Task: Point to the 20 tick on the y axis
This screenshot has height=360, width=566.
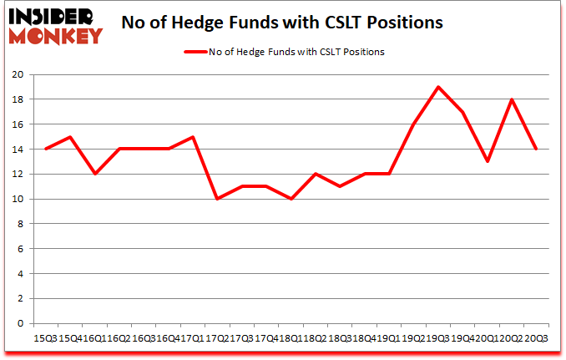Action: click(x=18, y=74)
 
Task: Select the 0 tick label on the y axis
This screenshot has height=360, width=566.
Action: click(x=21, y=323)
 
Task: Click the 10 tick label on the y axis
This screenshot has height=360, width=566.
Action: click(x=18, y=199)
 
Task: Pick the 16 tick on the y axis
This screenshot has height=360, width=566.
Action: click(x=18, y=124)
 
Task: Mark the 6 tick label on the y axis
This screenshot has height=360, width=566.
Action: click(x=21, y=249)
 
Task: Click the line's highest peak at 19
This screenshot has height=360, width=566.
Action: click(x=437, y=87)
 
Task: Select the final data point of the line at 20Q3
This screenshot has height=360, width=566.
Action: click(x=535, y=149)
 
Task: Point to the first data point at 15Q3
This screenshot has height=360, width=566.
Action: click(x=46, y=149)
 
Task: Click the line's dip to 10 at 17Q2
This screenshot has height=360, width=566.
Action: click(x=217, y=199)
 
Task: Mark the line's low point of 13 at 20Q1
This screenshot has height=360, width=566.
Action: click(x=486, y=161)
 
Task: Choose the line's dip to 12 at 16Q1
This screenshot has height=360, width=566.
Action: click(x=95, y=174)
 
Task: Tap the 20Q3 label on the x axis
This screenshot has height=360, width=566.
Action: click(x=535, y=337)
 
